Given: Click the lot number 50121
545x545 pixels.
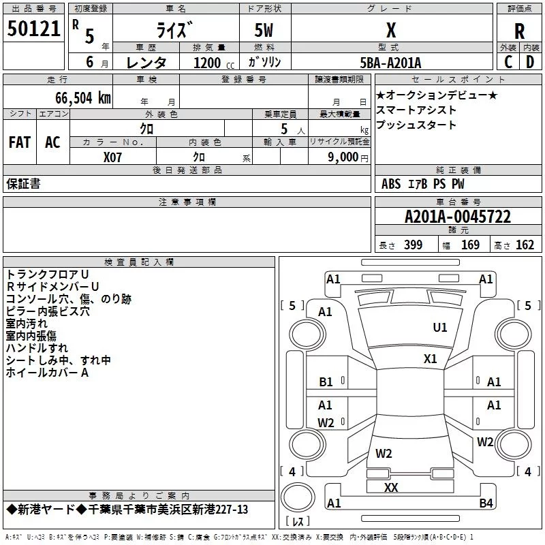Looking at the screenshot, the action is coord(33,29).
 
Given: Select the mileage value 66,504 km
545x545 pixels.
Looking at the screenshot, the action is coord(83,98).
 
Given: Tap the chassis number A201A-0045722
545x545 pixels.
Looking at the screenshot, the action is coord(458,217).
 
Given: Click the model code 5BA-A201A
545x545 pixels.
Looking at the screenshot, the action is coord(390,63).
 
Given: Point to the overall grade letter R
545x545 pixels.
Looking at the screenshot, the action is coord(519,31).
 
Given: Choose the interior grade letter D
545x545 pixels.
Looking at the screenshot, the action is coord(530,62).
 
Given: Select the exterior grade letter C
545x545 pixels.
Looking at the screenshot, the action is coord(508,62).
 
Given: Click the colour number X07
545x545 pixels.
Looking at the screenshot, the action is coord(112,157).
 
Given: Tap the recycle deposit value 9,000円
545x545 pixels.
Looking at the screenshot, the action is coord(348,157).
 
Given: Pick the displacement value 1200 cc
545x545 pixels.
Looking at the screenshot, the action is coord(214,63).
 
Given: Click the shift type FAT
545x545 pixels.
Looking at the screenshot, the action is coord(20,142).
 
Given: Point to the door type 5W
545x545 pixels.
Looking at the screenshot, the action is coord(264,30).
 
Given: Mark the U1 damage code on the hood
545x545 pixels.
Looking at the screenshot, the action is coord(440,328).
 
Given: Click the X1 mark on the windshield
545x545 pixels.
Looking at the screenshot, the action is coord(431,359).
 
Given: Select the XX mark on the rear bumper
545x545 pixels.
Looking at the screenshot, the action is coord(391,487).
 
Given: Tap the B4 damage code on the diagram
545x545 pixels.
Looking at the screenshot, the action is coord(486,503).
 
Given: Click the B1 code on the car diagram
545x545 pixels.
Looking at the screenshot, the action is coord(326,382).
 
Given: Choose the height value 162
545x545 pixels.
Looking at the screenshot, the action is coord(525,245).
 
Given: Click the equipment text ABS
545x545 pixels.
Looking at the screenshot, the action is coord(391,184).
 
